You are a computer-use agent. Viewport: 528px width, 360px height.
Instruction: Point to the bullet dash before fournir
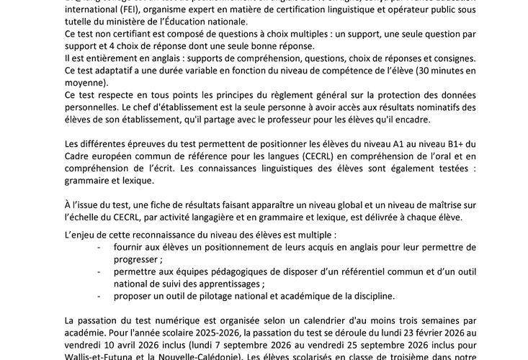[99, 247]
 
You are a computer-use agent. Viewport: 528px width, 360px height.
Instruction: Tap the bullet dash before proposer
[99, 296]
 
